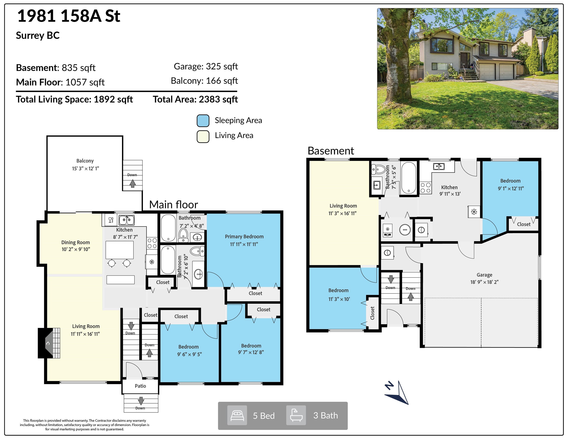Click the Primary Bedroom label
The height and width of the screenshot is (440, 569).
(x=244, y=237)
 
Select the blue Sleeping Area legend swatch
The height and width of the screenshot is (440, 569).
(x=203, y=121)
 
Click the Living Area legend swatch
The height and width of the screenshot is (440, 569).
(x=203, y=137)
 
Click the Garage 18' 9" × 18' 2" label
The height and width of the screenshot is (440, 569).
(x=484, y=278)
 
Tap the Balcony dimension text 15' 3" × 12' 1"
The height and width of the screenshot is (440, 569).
(x=86, y=169)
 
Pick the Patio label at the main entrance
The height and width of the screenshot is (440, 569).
(x=140, y=386)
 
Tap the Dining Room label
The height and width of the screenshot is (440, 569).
(x=76, y=242)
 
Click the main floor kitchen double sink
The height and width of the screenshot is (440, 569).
(x=127, y=220)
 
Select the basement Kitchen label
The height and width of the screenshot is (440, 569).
(x=449, y=187)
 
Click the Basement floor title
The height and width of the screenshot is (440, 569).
(x=331, y=151)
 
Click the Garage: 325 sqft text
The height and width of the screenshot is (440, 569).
(x=206, y=66)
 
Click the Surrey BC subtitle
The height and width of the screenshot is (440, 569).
(x=38, y=36)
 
